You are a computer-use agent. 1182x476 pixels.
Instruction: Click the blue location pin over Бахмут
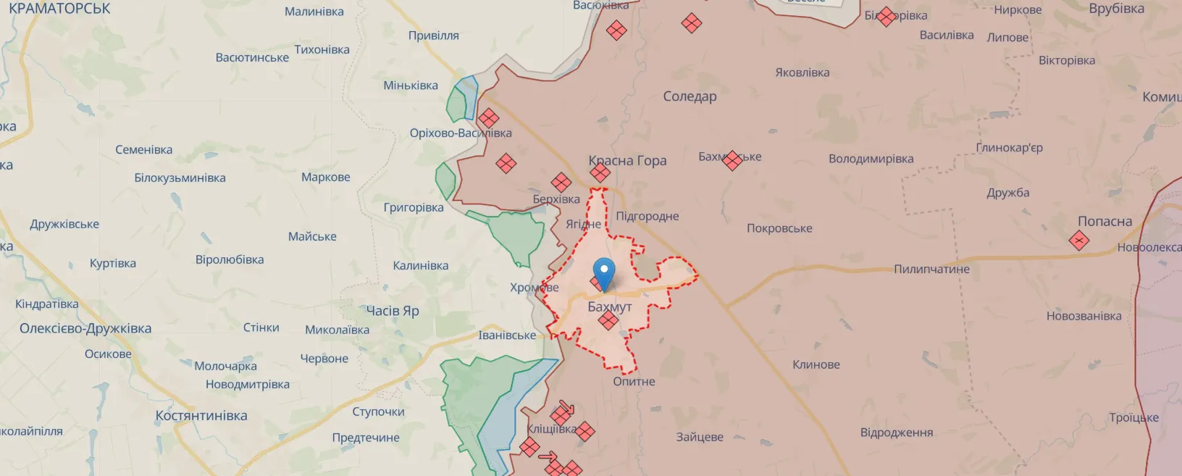(x=603, y=273)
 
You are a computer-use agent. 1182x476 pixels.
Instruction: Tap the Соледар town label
(x=689, y=96)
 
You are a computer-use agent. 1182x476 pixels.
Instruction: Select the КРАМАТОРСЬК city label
(x=59, y=9)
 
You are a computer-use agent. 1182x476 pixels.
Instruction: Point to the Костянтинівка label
(x=201, y=416)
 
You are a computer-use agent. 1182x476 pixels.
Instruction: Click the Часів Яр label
(x=393, y=311)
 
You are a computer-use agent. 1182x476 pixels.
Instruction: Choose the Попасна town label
(x=1105, y=222)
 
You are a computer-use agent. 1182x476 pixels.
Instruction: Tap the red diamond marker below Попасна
(x=1079, y=241)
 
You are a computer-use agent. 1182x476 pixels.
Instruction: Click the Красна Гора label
(x=628, y=161)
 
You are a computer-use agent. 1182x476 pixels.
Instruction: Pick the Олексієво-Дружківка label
(x=85, y=328)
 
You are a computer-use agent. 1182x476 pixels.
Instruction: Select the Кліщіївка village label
(x=551, y=429)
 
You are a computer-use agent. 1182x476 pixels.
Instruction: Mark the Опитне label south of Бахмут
(x=634, y=382)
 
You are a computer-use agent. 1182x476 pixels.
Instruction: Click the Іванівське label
(x=507, y=335)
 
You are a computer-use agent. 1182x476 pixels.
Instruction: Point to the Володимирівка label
(x=871, y=159)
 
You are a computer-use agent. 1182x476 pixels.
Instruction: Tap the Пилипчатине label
(x=931, y=270)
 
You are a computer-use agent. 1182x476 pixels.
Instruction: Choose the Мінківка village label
(x=411, y=85)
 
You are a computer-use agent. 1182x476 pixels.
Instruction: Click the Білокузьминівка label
(x=180, y=178)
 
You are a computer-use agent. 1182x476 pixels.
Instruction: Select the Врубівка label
(x=1116, y=9)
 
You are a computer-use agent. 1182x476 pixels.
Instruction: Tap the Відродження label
(x=896, y=433)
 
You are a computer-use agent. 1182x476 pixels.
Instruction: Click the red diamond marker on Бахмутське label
(x=732, y=160)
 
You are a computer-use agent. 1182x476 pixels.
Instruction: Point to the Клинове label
(x=816, y=364)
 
